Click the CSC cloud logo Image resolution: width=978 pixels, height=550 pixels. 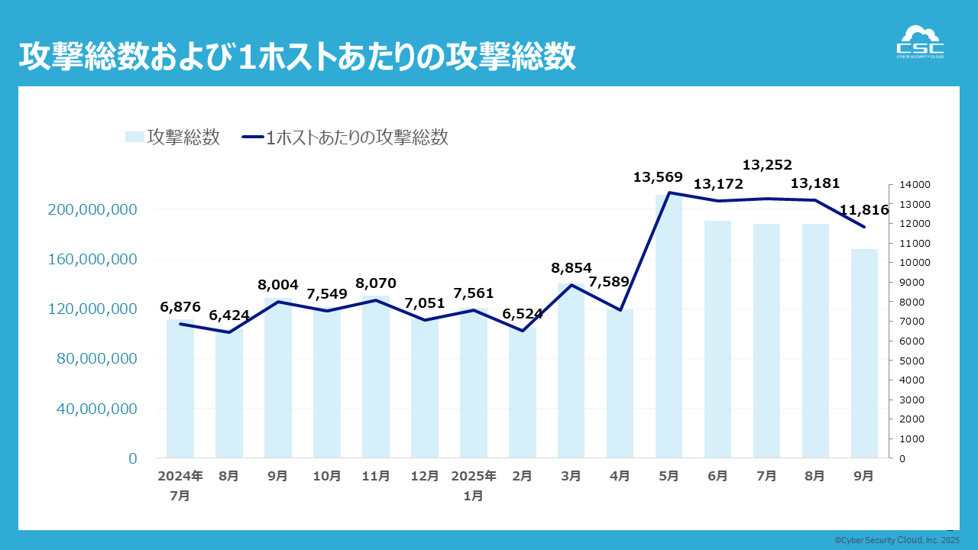[919, 42]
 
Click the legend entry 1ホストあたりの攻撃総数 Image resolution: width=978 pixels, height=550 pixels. [345, 137]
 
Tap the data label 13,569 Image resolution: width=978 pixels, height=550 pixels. [658, 177]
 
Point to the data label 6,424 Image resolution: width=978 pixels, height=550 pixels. [228, 315]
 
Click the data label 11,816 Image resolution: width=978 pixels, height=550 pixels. [863, 210]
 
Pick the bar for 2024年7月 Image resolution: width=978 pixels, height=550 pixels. [180, 389]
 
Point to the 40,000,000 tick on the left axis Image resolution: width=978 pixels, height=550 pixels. [96, 409]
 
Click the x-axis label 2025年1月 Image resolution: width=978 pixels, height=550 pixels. [474, 485]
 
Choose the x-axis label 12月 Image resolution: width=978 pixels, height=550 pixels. [425, 476]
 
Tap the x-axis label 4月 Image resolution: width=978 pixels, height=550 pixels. [620, 476]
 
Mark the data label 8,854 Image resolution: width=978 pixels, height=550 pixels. [572, 268]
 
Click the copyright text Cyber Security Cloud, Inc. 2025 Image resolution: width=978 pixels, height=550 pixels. [896, 540]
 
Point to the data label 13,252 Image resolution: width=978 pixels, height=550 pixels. [767, 164]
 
